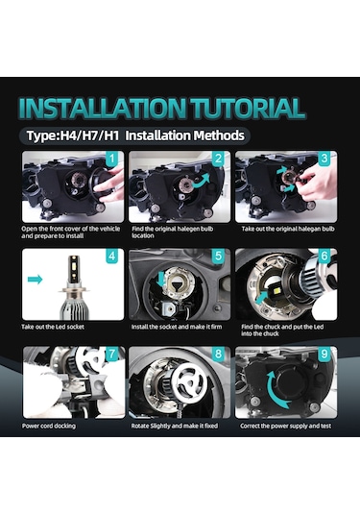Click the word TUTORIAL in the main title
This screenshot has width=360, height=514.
(248, 109)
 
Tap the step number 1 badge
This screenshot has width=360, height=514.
(112, 159)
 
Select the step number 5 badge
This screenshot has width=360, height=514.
(219, 256)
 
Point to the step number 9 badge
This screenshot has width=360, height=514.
(324, 354)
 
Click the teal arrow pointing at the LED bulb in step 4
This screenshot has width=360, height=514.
(36, 280)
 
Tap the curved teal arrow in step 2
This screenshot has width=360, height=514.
(201, 181)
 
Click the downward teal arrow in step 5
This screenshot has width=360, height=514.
(161, 278)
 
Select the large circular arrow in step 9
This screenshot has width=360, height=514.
(277, 390)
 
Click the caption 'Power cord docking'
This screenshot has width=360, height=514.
(49, 426)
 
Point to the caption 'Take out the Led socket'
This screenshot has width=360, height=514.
(53, 327)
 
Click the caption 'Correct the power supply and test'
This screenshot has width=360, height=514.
(286, 426)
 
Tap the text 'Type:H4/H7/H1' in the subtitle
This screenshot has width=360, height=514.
(73, 135)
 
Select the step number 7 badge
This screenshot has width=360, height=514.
(112, 354)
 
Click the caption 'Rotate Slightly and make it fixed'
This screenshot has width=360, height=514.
(175, 426)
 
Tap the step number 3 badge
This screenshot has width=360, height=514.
(324, 159)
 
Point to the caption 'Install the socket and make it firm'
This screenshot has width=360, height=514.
(177, 327)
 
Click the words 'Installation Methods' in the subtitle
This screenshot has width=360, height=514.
(184, 135)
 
